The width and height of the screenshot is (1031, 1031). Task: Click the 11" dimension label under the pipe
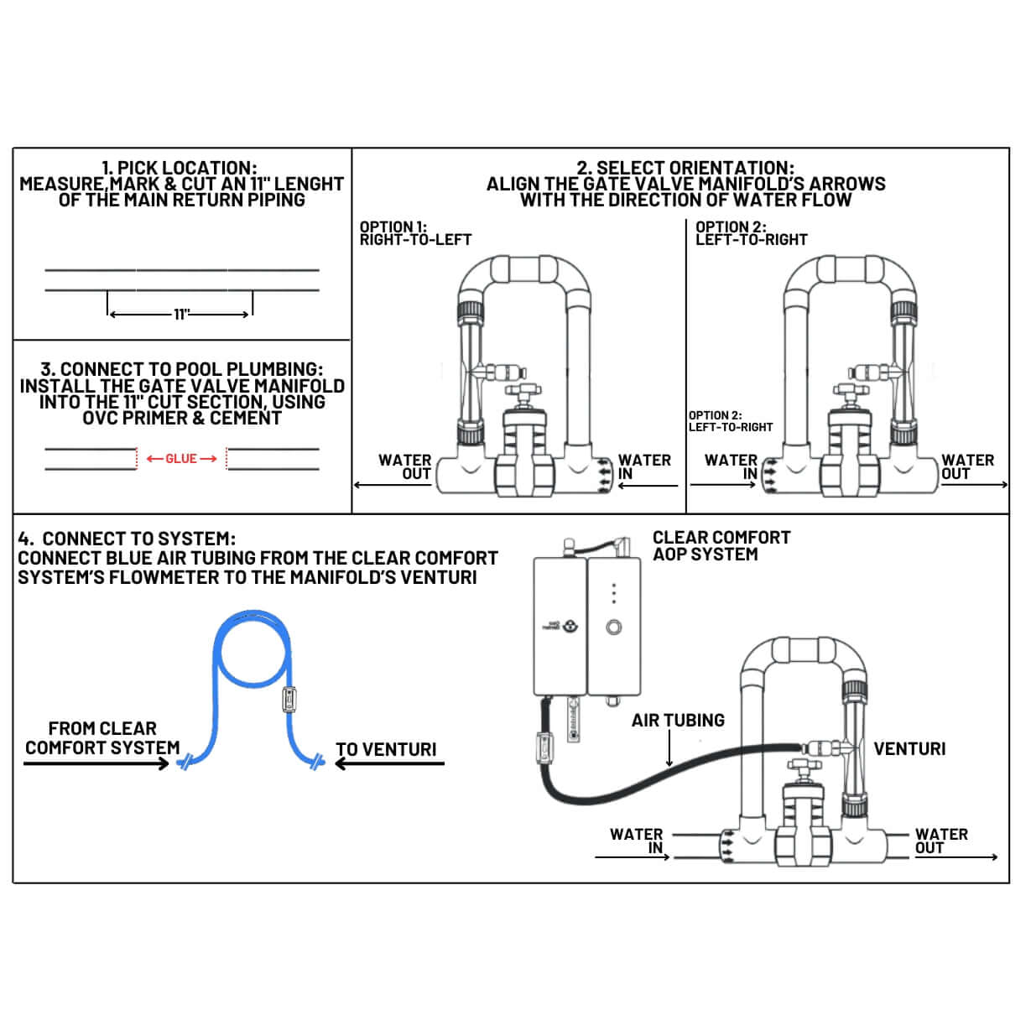coord(182,314)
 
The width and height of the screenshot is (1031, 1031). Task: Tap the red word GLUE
coord(181,459)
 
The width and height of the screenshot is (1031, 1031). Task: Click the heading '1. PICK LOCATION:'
coord(180,168)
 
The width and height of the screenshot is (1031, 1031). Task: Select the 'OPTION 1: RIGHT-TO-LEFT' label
coord(416,233)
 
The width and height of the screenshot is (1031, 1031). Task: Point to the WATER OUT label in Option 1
coord(404,467)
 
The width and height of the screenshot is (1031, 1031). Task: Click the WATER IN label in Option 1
coord(644,467)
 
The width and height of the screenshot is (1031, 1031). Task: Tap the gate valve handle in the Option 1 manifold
coord(523,390)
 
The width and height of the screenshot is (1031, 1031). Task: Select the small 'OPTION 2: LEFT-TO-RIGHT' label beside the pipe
coord(731,421)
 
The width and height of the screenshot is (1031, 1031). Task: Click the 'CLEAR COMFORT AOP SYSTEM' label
coord(721,546)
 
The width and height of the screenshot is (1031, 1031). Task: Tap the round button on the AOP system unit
coord(614,627)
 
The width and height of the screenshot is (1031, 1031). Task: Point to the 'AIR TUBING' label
coord(678,720)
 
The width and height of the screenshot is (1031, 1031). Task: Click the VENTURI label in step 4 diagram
coord(909,748)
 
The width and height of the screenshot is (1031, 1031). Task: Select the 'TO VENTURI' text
coord(386,750)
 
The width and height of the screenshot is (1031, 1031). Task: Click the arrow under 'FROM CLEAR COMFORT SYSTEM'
coord(96,763)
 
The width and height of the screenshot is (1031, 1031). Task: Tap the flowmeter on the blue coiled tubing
coord(289,700)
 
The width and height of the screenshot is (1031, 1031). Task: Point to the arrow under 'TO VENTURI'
coord(389,763)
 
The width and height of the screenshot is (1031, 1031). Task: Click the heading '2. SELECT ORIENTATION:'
coord(685,168)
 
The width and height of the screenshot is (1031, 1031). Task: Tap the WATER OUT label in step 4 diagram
coord(941,841)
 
